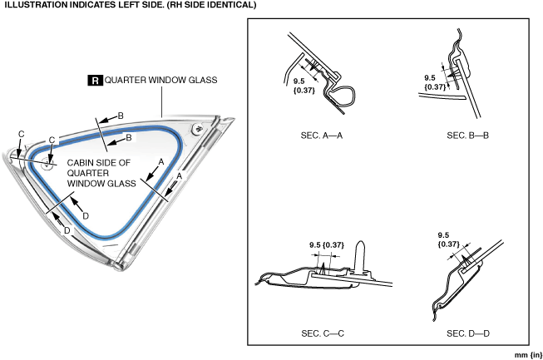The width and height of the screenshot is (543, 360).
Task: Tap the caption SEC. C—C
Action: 323,333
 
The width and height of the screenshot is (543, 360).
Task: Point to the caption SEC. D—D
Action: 468,333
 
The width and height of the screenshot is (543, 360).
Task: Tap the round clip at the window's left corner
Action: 47,164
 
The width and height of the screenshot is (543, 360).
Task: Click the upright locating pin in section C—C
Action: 360,254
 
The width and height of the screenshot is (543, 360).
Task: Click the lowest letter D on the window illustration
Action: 56,229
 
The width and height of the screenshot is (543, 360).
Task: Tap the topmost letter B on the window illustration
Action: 120,115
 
